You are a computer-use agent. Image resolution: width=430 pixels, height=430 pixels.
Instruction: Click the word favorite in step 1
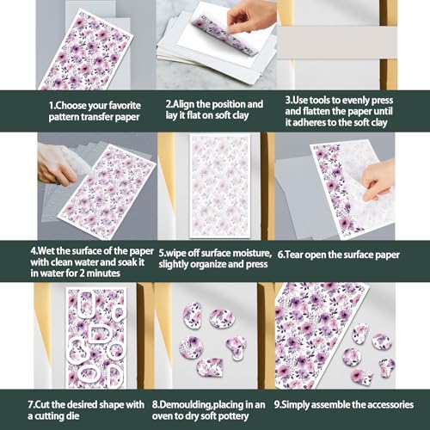click(125, 106)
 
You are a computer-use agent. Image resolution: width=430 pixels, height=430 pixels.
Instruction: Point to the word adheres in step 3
click(309, 122)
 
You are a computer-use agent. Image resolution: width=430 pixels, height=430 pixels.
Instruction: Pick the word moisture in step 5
click(252, 253)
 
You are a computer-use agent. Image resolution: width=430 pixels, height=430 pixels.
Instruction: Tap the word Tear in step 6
click(293, 255)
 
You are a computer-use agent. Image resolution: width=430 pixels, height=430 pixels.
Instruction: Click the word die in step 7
click(73, 416)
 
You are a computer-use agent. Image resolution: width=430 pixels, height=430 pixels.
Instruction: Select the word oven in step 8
click(163, 416)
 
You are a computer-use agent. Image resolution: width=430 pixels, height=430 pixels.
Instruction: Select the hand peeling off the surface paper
click(378, 181)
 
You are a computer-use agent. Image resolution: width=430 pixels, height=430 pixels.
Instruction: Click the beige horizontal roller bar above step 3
click(337, 42)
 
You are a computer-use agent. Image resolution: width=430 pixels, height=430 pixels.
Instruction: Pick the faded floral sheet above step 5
click(220, 186)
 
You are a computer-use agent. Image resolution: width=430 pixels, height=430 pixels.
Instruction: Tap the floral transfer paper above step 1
click(86, 50)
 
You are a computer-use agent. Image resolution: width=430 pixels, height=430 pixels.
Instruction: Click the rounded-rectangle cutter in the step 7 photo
click(85, 304)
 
